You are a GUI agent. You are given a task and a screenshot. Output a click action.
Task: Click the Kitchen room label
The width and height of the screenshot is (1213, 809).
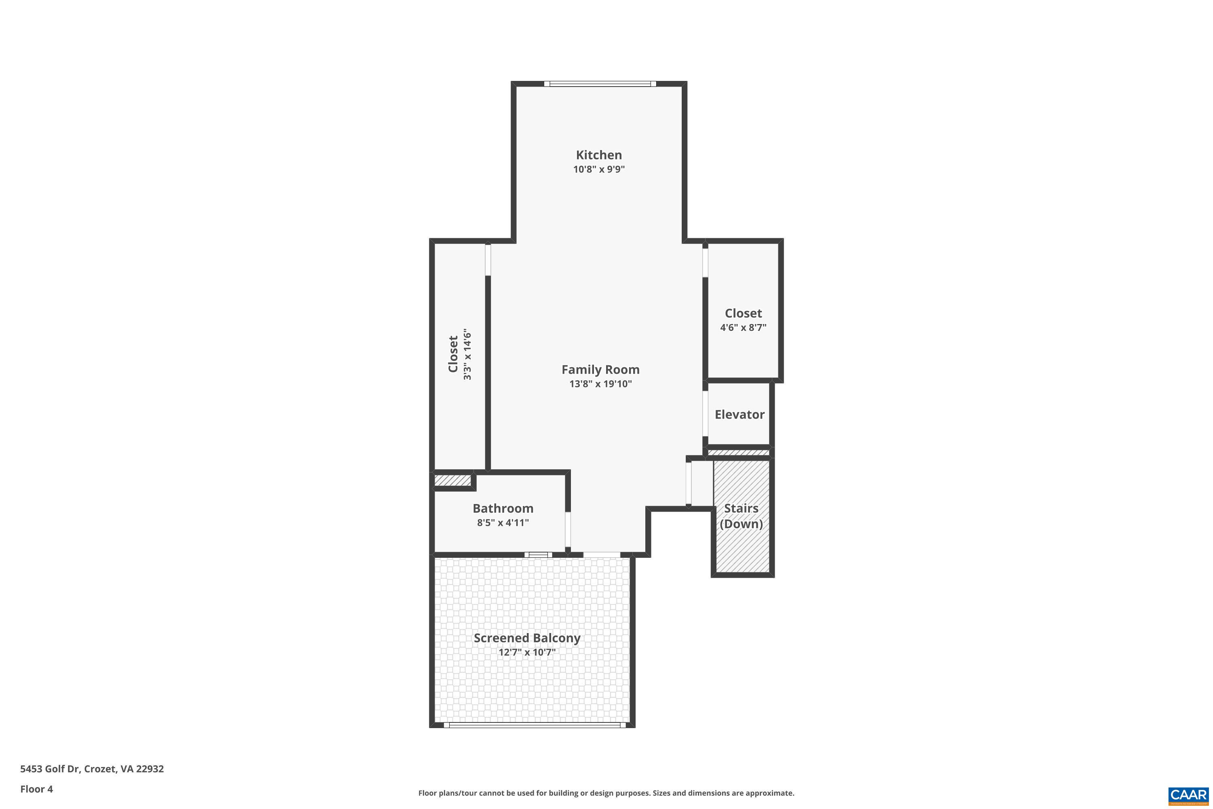tap(599, 155)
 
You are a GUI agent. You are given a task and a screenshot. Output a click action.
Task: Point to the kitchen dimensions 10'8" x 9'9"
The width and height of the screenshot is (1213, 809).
tap(599, 169)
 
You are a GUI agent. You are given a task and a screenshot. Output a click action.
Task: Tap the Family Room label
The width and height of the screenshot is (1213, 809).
tap(600, 369)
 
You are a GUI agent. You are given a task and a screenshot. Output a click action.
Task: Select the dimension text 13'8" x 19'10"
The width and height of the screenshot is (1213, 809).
tap(600, 384)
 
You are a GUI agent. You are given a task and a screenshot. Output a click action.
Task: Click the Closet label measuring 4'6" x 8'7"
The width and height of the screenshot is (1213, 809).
tap(743, 313)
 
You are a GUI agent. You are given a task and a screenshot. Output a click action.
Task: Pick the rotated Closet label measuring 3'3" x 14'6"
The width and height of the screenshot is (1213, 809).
tap(453, 354)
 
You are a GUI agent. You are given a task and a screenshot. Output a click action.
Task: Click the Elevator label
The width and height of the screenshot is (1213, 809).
tap(739, 414)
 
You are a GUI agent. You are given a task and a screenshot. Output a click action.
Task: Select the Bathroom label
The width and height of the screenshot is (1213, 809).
tap(503, 508)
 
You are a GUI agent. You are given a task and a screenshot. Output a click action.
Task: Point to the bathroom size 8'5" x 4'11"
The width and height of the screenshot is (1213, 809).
tap(503, 523)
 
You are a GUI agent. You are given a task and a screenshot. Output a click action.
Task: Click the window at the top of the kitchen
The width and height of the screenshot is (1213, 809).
tap(600, 84)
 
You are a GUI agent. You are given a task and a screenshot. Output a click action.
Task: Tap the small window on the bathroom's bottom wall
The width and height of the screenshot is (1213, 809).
tap(538, 555)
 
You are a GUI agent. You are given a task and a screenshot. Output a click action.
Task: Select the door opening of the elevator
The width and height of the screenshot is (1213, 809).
tap(705, 414)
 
